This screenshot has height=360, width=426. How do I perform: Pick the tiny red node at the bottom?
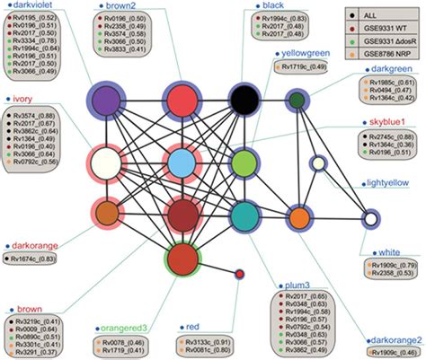click(240, 273)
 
